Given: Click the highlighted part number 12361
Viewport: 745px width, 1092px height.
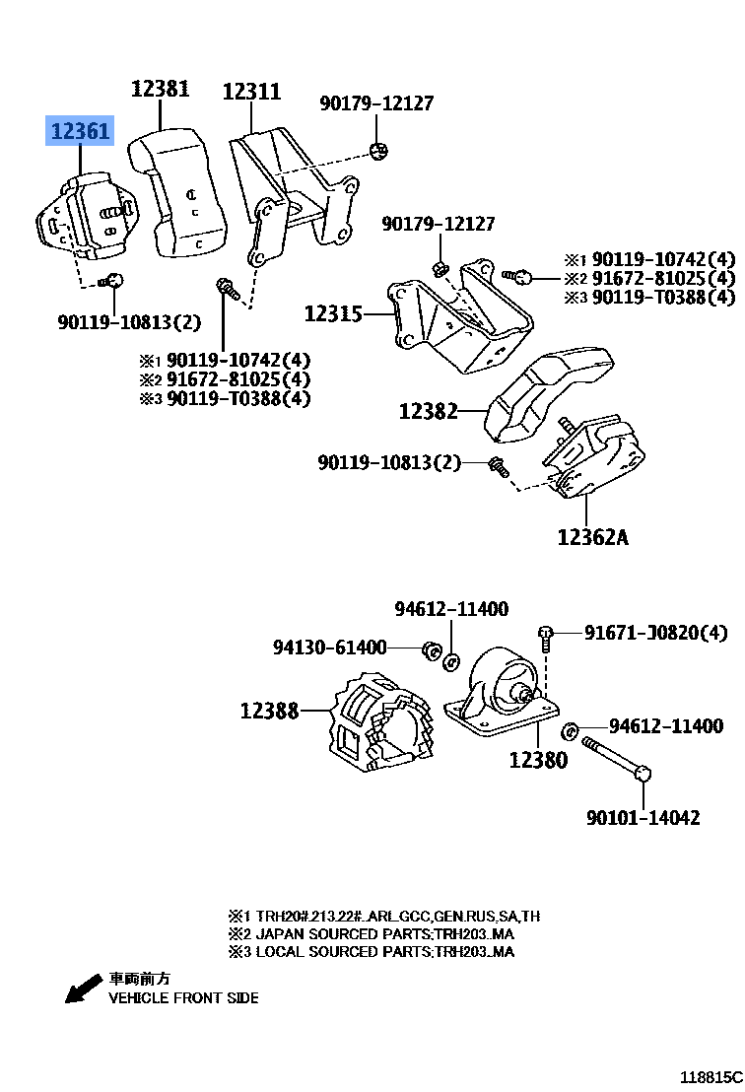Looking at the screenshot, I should click(82, 131).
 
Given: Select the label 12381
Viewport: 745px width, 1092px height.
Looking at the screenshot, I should click(160, 91).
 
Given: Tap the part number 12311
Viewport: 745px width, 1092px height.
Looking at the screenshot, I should click(251, 92).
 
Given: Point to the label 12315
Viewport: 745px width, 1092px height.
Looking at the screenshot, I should click(333, 314).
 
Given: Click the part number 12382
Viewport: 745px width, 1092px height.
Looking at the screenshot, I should click(429, 411).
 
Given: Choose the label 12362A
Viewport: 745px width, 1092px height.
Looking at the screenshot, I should click(592, 537).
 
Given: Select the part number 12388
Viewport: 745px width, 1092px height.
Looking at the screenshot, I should click(269, 710).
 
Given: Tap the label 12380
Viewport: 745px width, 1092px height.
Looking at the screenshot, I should click(538, 760).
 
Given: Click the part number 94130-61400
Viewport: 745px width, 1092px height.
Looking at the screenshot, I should click(330, 648).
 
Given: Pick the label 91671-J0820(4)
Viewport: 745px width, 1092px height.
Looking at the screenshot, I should click(655, 632).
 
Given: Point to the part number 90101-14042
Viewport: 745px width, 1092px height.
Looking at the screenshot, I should click(643, 817).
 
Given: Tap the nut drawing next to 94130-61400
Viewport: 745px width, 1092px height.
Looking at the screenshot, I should click(430, 649).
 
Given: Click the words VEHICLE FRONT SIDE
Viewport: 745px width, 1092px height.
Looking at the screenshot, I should click(183, 997).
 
